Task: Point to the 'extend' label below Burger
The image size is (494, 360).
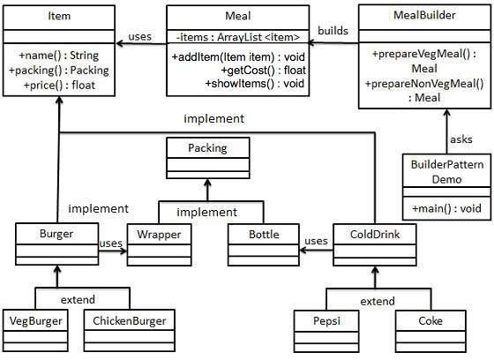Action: tap(79, 300)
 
